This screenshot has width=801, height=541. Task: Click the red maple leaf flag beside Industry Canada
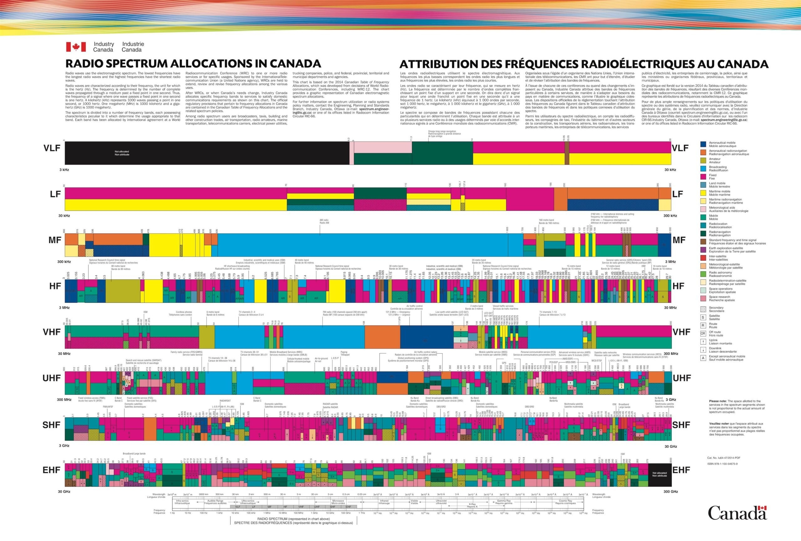click(x=76, y=47)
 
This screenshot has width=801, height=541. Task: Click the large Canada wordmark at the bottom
click(x=737, y=513)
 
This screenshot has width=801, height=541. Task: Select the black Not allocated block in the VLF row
click(x=207, y=153)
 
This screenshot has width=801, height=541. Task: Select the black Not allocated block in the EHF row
click(x=659, y=474)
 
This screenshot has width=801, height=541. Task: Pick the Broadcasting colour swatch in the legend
click(x=703, y=168)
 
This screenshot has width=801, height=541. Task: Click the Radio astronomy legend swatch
click(x=703, y=274)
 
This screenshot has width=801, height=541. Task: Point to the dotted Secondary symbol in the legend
click(x=703, y=309)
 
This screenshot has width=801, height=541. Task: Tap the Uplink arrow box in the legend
click(x=703, y=341)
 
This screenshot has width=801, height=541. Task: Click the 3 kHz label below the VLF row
click(x=64, y=170)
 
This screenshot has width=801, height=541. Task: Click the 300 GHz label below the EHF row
click(x=671, y=491)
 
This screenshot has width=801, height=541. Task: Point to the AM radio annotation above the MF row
click(x=324, y=221)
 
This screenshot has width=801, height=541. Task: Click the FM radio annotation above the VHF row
click(x=345, y=313)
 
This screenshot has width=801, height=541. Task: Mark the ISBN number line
click(x=722, y=463)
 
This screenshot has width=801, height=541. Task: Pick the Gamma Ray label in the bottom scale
click(x=503, y=502)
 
